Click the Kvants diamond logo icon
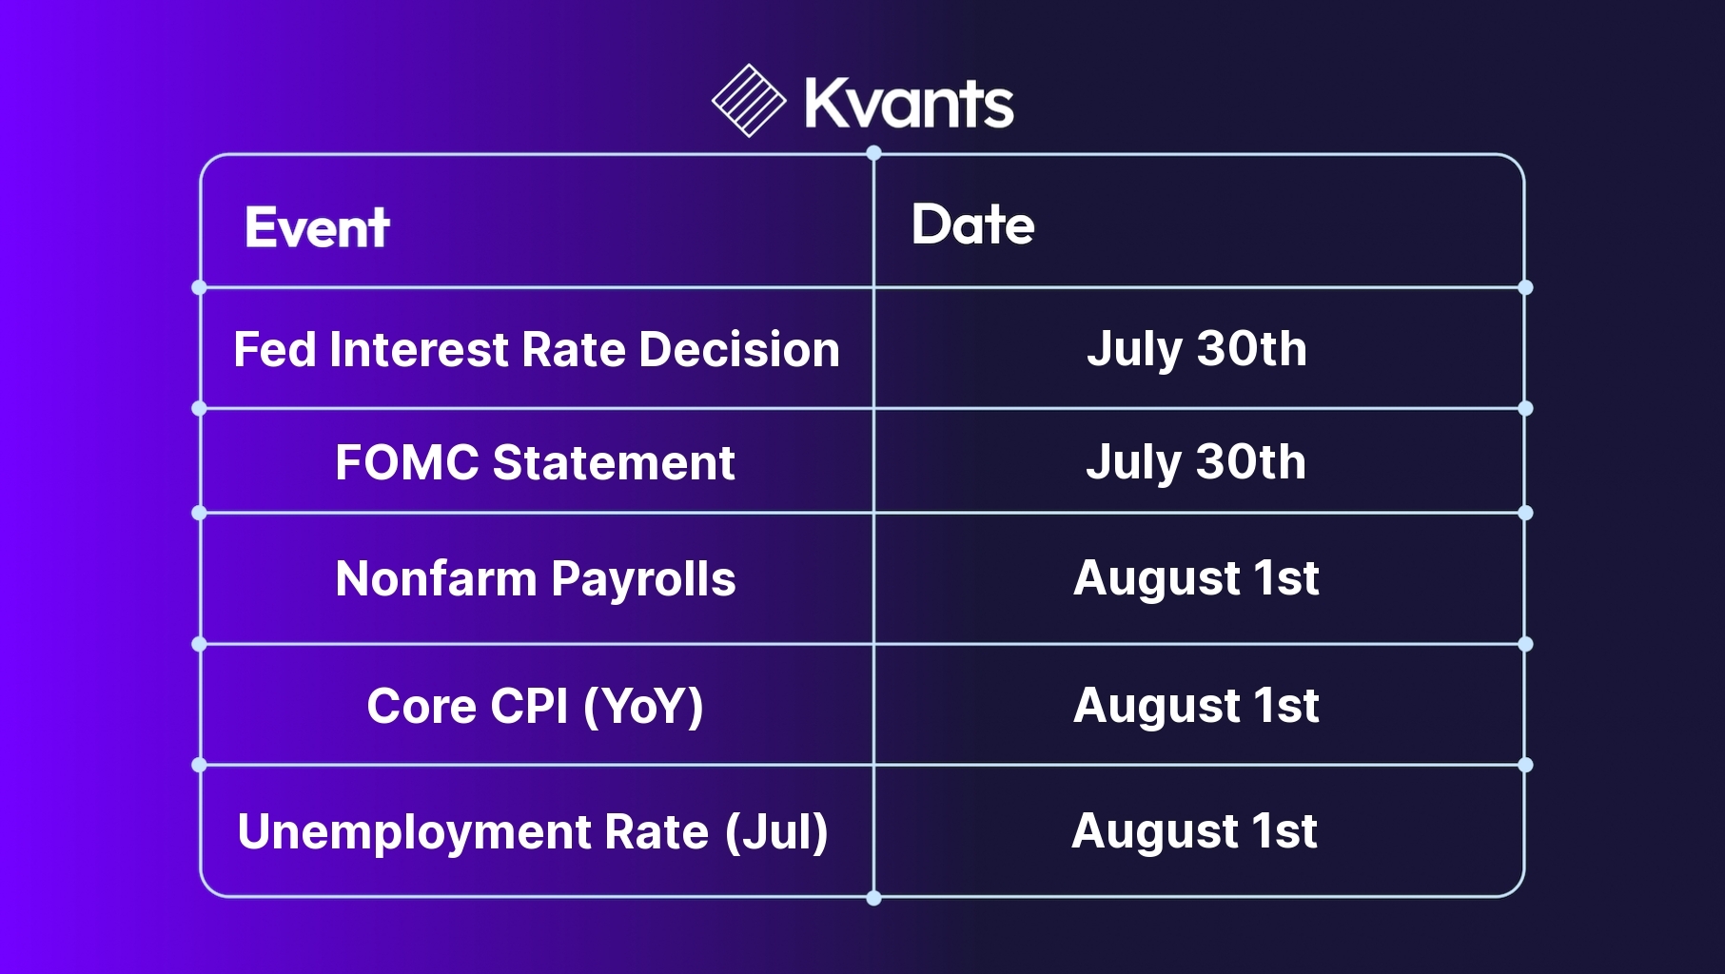coord(749,101)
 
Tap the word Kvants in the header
coord(910,103)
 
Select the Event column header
coord(317,227)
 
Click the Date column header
coord(972,224)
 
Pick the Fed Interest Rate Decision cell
coord(537,349)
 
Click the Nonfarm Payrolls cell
coord(536,579)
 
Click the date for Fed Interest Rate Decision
coord(1197,349)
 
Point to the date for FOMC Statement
coord(1196,462)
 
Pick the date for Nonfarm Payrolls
coord(1196,578)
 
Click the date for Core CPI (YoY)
coord(1196,706)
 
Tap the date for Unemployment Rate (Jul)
coord(1194,831)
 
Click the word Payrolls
coord(643,580)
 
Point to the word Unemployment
coord(414,833)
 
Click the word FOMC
coord(407,463)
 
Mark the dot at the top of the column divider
coord(873,153)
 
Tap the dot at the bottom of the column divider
coord(873,898)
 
